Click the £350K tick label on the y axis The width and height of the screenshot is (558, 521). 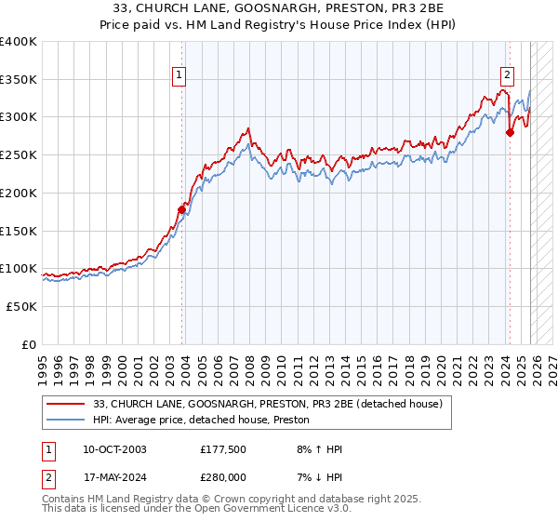click(19, 80)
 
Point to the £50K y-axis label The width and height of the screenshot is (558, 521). click(22, 306)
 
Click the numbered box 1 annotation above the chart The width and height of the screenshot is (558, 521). click(177, 77)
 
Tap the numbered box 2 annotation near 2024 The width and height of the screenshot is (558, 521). click(507, 77)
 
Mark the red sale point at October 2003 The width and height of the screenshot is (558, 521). click(181, 209)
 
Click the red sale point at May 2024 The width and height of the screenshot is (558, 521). click(510, 133)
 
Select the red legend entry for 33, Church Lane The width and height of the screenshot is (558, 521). click(272, 403)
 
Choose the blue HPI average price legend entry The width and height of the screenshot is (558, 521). click(201, 421)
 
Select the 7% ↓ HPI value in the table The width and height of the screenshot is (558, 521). click(315, 477)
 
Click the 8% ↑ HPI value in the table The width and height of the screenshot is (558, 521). click(315, 449)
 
